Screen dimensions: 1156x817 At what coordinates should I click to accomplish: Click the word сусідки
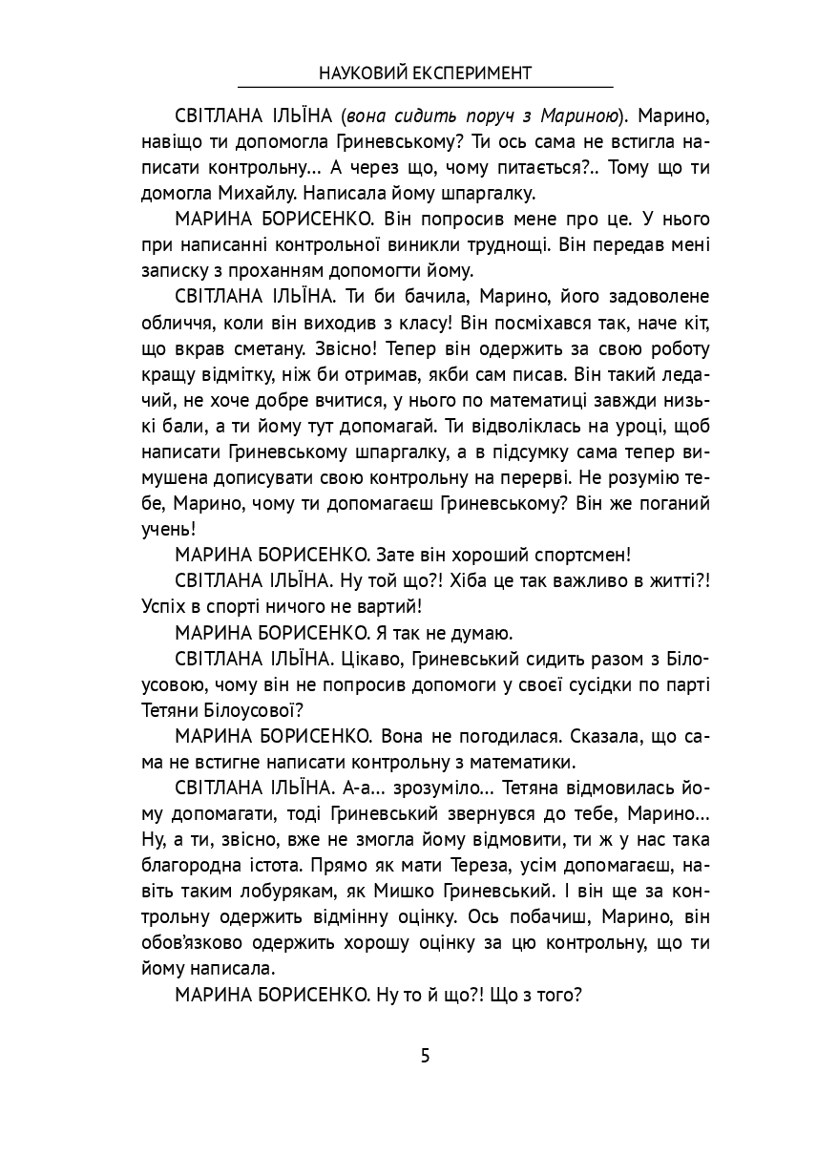(x=583, y=683)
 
